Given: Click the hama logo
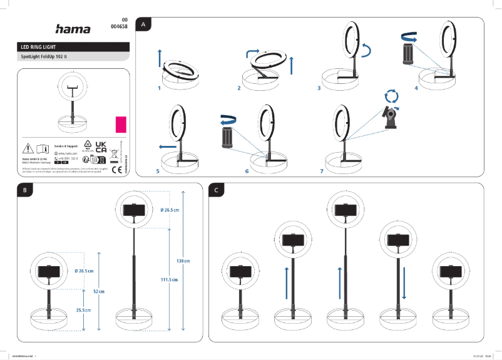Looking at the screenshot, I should pyautogui.click(x=73, y=29).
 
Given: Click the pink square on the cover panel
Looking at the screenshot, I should pyautogui.click(x=121, y=123).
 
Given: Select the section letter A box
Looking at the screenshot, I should pyautogui.click(x=145, y=25).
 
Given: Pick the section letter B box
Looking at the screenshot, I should pyautogui.click(x=24, y=190).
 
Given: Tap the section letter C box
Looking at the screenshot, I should pyautogui.click(x=216, y=190).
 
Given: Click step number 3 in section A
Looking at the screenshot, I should pyautogui.click(x=319, y=89).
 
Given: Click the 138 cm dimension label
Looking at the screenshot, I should pyautogui.click(x=183, y=260).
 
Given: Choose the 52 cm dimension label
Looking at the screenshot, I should pyautogui.click(x=99, y=292).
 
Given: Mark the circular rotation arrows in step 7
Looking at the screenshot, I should pyautogui.click(x=391, y=96).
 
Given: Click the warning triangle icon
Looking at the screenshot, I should pyautogui.click(x=28, y=149).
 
